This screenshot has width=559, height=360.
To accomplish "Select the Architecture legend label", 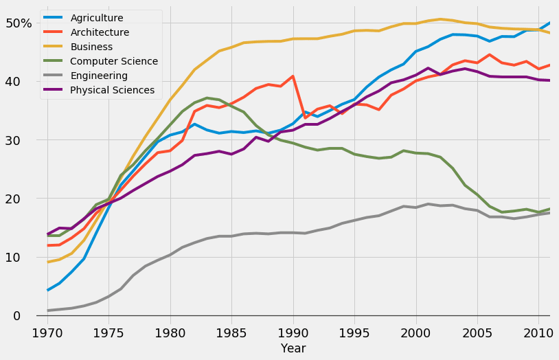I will click(x=99, y=32).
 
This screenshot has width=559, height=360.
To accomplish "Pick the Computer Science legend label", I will click(x=114, y=61).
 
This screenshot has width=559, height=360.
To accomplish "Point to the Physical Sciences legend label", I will click(x=112, y=90).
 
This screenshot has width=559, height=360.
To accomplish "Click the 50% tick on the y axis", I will click(x=19, y=23).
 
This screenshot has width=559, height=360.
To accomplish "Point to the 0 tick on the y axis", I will click(x=26, y=316).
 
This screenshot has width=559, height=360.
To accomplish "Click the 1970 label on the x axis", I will click(x=47, y=333).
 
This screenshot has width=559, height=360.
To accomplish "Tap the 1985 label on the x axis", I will click(x=231, y=333).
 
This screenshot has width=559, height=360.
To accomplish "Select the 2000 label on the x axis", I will click(x=416, y=333).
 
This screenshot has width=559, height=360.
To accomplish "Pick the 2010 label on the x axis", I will click(x=538, y=333).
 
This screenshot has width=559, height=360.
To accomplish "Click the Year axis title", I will click(x=293, y=349).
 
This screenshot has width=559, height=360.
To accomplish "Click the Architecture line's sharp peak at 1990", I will click(x=293, y=76).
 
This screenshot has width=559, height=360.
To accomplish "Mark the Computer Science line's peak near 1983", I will click(x=207, y=98).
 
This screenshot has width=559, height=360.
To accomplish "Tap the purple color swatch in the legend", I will click(x=55, y=90).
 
